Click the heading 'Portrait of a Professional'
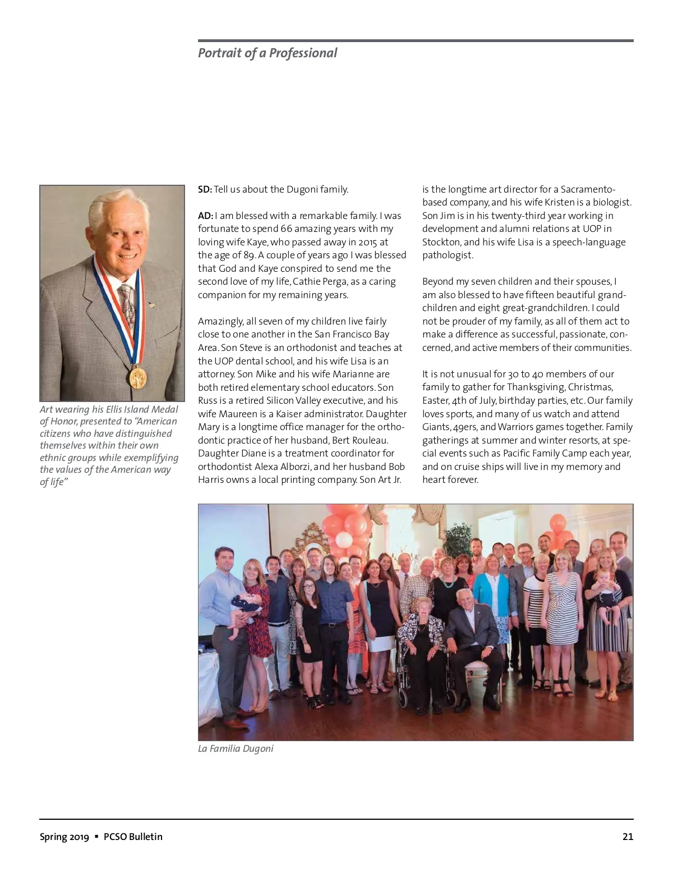[268, 53]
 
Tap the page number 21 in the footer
[628, 837]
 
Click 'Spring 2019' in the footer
[64, 837]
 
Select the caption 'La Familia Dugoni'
[236, 748]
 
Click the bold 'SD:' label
[205, 189]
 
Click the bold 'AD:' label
[205, 216]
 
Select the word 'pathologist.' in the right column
[448, 255]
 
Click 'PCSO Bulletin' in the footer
[133, 837]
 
